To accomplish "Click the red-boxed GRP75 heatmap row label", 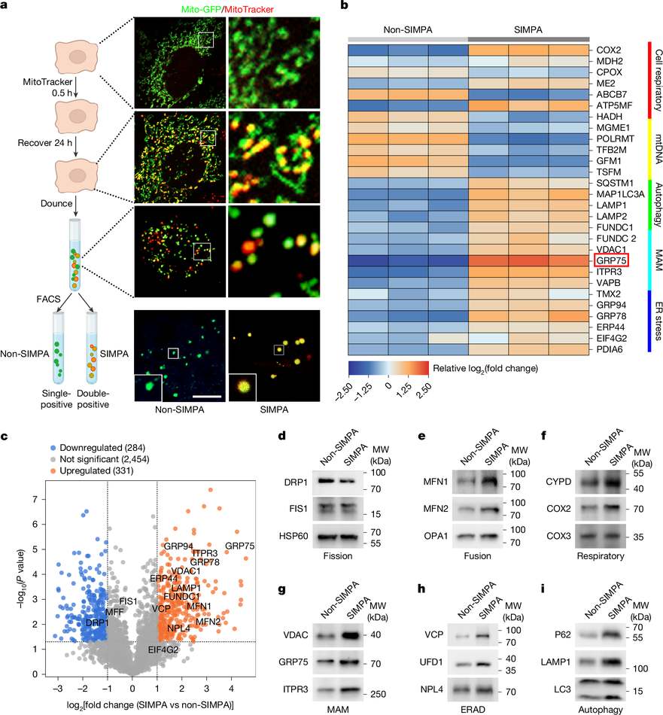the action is pyautogui.click(x=611, y=260).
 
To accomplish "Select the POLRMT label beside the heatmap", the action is pyautogui.click(x=615, y=138).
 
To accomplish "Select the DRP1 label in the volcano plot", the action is pyautogui.click(x=96, y=623).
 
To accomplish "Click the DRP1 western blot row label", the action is pyautogui.click(x=296, y=482).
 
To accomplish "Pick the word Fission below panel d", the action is pyautogui.click(x=337, y=556).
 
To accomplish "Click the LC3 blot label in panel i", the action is pyautogui.click(x=562, y=689).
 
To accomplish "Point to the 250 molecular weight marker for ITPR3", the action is pyautogui.click(x=378, y=694).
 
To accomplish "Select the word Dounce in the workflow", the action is pyautogui.click(x=56, y=203).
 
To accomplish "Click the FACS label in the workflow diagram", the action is pyautogui.click(x=48, y=299).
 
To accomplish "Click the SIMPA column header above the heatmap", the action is pyautogui.click(x=528, y=29).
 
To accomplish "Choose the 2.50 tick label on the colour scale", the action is pyautogui.click(x=422, y=391).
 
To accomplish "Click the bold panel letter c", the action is pyautogui.click(x=4, y=437).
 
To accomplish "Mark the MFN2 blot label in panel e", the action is pyautogui.click(x=436, y=509).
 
